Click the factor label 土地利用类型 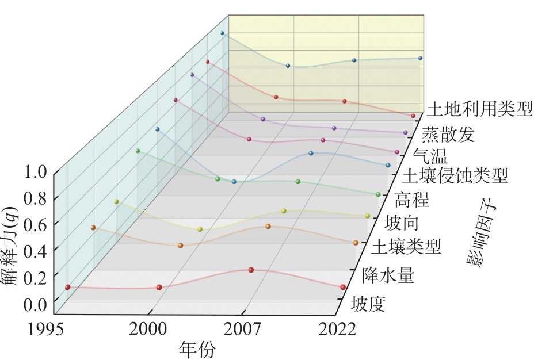tap(480, 108)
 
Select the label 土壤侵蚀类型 tap(456, 175)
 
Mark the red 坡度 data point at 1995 tap(68, 287)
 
